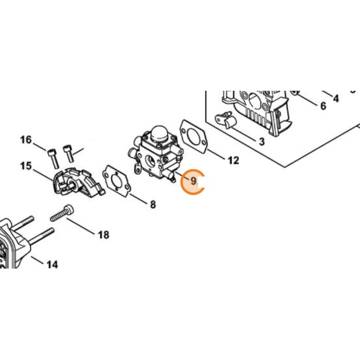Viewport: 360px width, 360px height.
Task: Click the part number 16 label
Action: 26,140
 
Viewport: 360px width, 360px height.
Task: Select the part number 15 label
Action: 26,166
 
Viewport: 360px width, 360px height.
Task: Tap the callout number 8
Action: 153,204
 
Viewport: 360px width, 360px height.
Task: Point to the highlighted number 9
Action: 193,181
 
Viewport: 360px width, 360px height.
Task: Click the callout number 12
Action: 233,161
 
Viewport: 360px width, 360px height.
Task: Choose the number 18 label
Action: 104,235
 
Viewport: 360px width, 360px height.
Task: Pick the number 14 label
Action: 52,264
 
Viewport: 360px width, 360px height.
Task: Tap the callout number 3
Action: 262,141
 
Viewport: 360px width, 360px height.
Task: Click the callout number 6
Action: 323,106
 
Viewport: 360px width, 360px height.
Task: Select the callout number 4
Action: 336,98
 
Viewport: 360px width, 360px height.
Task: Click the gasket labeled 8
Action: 117,181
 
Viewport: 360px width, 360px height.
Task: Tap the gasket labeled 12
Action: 194,137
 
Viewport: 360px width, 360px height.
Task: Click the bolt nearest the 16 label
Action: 53,159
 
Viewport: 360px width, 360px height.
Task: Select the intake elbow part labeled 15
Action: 78,183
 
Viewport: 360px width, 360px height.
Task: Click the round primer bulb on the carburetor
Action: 159,134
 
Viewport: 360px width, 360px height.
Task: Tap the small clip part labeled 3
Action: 226,120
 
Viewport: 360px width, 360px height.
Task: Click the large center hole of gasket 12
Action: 194,137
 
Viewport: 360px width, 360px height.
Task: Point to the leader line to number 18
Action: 81,225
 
